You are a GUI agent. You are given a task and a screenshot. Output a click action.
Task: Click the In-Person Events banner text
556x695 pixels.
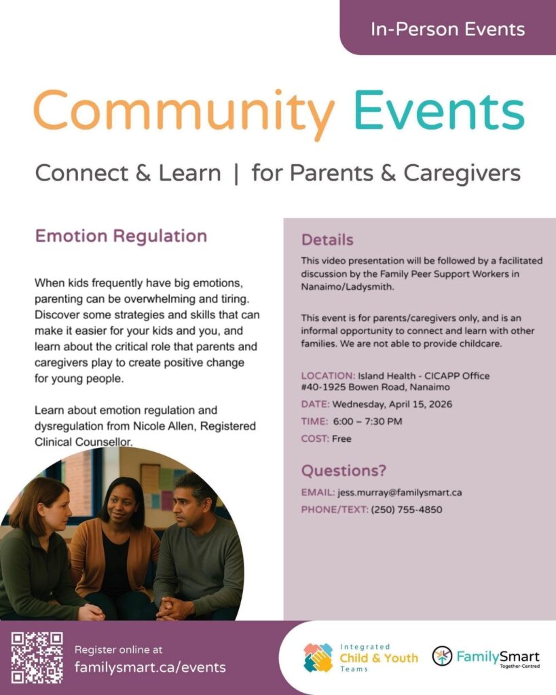coord(447,29)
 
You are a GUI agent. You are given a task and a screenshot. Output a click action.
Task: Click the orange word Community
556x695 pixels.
coord(184,112)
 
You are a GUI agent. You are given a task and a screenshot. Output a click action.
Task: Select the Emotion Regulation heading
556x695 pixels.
coord(121,236)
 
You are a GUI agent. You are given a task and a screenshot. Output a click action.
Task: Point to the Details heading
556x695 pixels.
coord(327,240)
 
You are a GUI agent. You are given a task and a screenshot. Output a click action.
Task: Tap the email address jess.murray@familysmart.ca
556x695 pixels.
coord(399,493)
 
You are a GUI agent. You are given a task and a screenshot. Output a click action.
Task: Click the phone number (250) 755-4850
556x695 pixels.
coord(407,510)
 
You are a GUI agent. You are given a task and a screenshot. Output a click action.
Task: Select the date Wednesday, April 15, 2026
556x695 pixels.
coord(391,405)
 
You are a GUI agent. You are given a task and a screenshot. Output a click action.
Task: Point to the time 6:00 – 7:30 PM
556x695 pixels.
coord(367,421)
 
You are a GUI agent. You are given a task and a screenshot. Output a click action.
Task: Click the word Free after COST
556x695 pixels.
coord(341,438)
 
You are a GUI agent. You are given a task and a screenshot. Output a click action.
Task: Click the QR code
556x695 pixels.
coord(37,657)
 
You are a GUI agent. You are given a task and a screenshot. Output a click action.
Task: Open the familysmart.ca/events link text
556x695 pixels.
coord(150,667)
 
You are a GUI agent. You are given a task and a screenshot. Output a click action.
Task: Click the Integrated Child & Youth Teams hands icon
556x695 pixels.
coord(318,658)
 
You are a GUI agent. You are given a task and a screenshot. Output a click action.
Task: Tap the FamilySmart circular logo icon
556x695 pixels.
coord(442,656)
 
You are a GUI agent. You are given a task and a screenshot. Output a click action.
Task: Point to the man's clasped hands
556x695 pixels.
coord(174,606)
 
